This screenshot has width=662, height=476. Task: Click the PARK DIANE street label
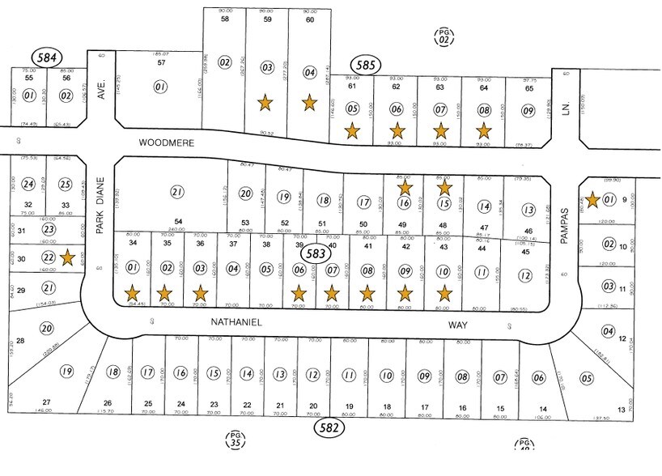tap(101, 206)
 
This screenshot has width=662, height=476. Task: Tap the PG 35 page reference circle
tap(234, 440)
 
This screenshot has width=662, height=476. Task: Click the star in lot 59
tap(264, 103)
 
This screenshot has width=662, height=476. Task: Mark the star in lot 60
tap(309, 103)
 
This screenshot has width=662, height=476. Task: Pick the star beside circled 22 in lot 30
tap(68, 258)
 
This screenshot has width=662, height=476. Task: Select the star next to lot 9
tap(593, 198)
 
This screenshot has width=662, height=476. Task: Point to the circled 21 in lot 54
tap(176, 191)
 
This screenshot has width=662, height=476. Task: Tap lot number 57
tap(161, 62)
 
